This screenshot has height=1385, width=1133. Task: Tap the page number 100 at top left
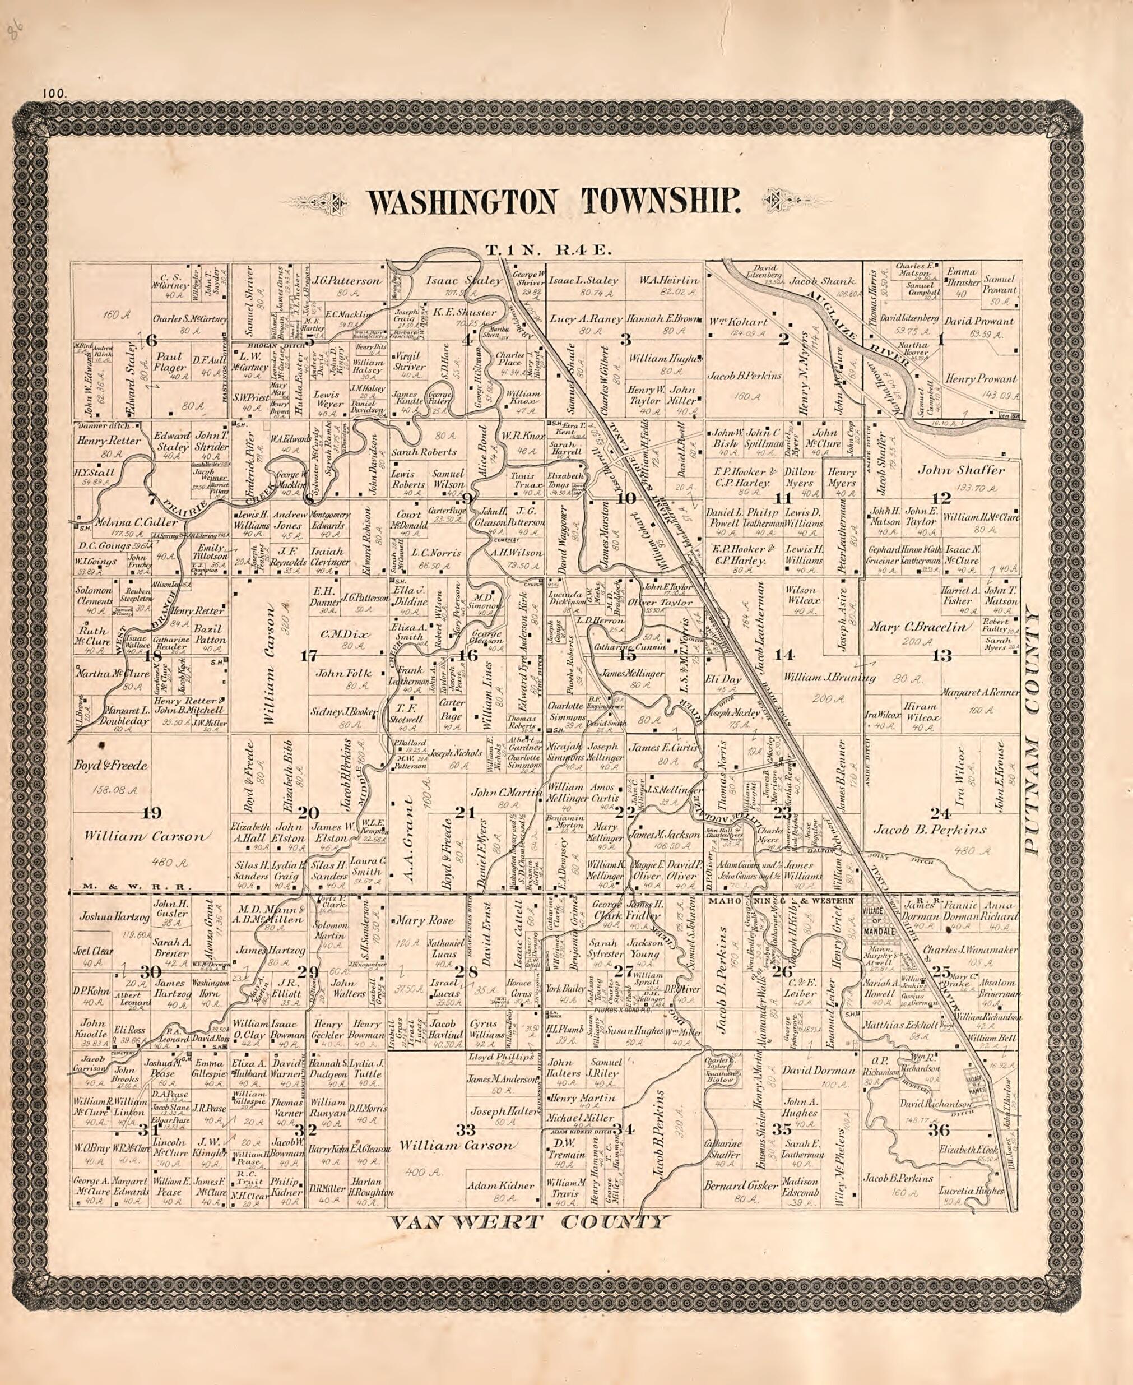tap(53, 94)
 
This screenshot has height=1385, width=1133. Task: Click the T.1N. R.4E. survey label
tap(546, 249)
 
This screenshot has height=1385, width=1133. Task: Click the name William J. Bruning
tap(829, 678)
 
